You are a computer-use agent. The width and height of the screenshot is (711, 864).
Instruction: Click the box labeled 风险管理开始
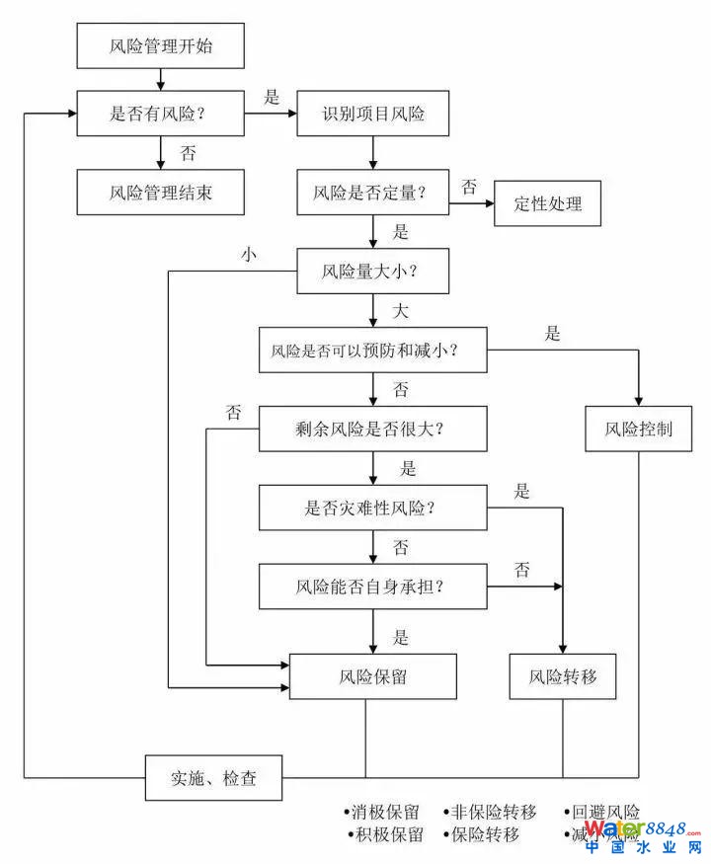tap(160, 45)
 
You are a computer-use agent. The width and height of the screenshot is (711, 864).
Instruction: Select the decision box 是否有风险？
tap(160, 114)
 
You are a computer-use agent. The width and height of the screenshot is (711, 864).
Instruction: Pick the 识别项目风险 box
tap(373, 114)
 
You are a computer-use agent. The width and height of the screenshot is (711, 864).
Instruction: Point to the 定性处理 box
tap(548, 203)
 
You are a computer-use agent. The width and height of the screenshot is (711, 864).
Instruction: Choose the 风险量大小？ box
tap(373, 270)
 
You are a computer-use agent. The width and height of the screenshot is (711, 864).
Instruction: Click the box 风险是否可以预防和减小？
tap(373, 350)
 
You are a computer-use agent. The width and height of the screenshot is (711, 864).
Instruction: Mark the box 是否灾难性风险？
tap(373, 508)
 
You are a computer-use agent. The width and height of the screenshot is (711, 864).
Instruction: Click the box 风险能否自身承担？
tap(373, 587)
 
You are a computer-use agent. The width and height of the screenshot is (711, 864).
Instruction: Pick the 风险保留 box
tap(373, 677)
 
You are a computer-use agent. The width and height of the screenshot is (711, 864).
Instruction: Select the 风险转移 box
tap(563, 677)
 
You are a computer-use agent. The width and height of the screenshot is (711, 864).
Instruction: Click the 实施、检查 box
tap(214, 778)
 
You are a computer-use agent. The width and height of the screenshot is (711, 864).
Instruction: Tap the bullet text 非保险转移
tap(493, 813)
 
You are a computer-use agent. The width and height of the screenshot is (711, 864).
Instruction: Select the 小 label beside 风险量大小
tap(248, 253)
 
